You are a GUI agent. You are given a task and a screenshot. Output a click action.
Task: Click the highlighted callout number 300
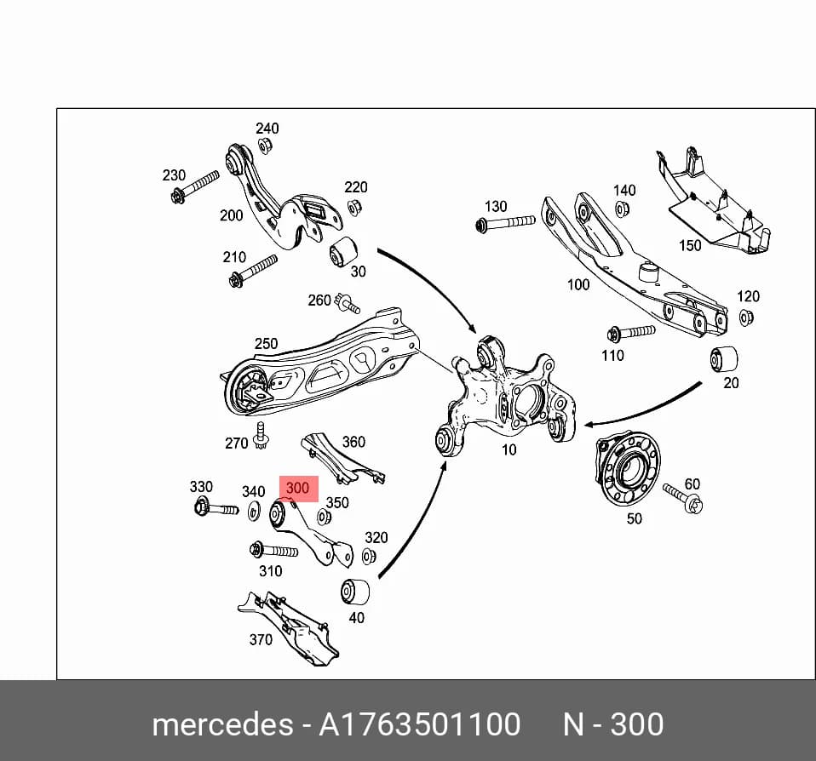[297, 488]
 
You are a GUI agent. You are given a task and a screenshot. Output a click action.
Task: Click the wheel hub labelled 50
[627, 470]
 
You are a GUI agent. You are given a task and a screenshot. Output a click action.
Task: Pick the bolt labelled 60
[683, 498]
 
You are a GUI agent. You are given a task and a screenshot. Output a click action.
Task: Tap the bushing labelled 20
[724, 358]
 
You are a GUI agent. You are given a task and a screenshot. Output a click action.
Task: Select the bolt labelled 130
[505, 223]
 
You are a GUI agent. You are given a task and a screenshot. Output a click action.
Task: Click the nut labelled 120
[746, 317]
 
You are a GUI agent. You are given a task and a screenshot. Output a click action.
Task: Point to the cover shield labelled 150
[713, 205]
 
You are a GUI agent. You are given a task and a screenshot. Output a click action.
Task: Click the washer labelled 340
[255, 512]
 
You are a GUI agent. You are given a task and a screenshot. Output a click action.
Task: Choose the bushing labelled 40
[355, 591]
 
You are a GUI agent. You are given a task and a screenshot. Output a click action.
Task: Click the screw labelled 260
[348, 303]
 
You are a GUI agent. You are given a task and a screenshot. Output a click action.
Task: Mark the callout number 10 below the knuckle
[509, 449]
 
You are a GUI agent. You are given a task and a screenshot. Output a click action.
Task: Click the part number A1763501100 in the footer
[419, 724]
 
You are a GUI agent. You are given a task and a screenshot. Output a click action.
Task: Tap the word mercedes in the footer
[222, 724]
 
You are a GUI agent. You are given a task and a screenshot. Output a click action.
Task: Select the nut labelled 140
[621, 209]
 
